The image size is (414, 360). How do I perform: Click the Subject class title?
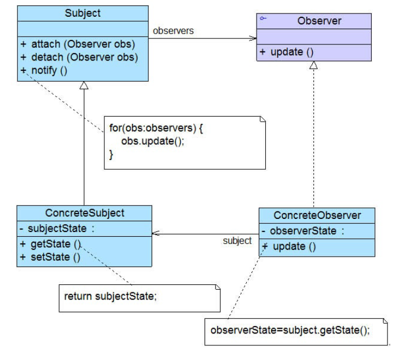click(x=83, y=13)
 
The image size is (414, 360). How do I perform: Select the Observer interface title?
click(x=319, y=21)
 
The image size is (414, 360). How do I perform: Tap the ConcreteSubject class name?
click(x=84, y=213)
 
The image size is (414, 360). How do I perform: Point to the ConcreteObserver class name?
click(x=317, y=215)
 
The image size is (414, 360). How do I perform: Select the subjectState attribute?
click(x=57, y=229)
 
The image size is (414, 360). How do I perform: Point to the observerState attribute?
click(x=303, y=231)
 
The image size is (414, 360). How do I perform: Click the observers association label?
click(x=173, y=31)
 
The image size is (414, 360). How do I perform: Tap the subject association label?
click(x=237, y=241)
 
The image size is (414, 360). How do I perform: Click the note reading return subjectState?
click(x=110, y=296)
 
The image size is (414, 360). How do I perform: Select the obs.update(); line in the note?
click(x=153, y=141)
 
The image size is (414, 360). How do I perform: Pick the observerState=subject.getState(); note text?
click(x=290, y=330)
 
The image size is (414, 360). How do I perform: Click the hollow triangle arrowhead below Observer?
click(x=313, y=65)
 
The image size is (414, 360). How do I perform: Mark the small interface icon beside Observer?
click(x=263, y=18)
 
